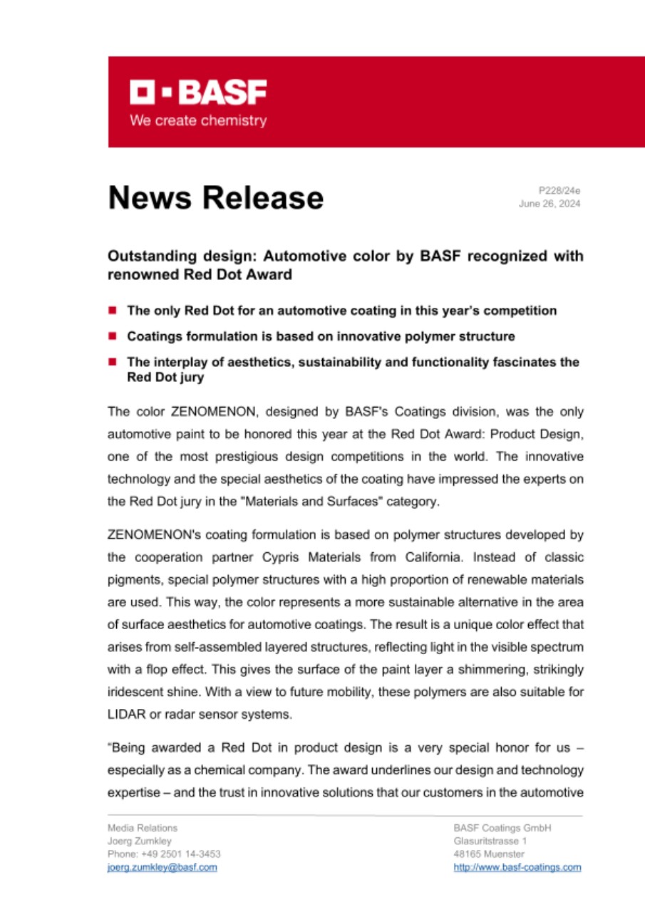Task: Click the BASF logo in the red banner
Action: click(x=197, y=93)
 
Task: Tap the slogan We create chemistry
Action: click(x=197, y=120)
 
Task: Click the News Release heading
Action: click(x=215, y=197)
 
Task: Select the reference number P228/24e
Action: click(x=559, y=191)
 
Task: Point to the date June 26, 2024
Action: click(x=549, y=204)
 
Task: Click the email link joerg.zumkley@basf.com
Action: click(x=162, y=867)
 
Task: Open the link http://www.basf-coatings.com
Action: click(x=517, y=867)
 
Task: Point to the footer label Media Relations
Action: click(x=143, y=828)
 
